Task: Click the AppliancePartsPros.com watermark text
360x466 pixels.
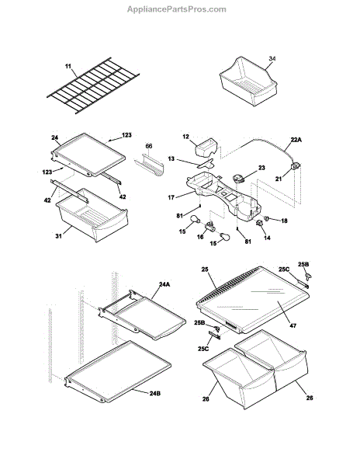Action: click(x=177, y=9)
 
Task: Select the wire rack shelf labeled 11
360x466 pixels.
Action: click(x=93, y=85)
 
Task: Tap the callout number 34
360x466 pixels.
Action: click(x=272, y=58)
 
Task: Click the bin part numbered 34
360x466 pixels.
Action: click(x=248, y=81)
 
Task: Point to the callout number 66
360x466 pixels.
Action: click(x=149, y=146)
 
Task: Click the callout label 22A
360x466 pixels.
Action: click(x=296, y=139)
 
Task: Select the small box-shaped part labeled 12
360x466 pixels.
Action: click(x=206, y=148)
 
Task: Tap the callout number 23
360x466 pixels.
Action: click(x=261, y=168)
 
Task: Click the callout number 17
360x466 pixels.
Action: click(x=171, y=197)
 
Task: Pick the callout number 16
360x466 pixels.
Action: click(x=200, y=237)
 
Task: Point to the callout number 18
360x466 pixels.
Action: click(x=284, y=221)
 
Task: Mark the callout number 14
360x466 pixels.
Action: click(x=267, y=238)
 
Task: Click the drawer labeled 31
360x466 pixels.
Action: click(x=92, y=215)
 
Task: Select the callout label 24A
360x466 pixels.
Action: click(x=164, y=284)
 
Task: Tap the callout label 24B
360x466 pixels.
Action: click(x=155, y=393)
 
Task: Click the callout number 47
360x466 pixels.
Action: click(x=292, y=325)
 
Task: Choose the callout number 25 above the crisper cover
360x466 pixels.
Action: click(x=205, y=270)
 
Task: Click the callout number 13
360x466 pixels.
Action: click(x=171, y=158)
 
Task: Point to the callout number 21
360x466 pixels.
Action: click(x=279, y=179)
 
